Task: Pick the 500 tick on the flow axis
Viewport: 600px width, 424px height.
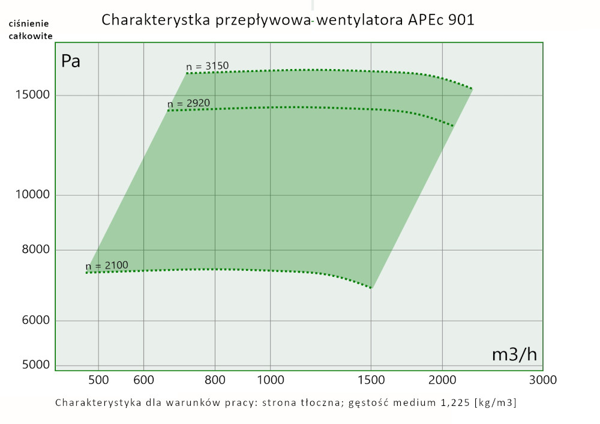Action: click(x=98, y=380)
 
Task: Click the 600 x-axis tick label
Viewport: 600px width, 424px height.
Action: click(x=143, y=380)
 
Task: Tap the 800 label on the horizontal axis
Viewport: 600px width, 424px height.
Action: click(x=215, y=380)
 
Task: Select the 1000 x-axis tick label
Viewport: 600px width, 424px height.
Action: click(x=270, y=380)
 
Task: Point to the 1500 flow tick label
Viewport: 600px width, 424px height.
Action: click(x=371, y=380)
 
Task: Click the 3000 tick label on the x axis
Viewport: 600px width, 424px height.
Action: click(x=543, y=380)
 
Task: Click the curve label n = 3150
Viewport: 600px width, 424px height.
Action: click(x=208, y=66)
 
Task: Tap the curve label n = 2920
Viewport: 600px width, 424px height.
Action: click(x=188, y=103)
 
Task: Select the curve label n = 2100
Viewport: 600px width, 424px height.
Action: click(x=107, y=265)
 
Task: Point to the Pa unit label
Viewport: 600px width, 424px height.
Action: click(x=71, y=61)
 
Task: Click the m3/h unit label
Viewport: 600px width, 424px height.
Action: click(x=514, y=354)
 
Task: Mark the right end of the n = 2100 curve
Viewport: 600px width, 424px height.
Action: click(x=372, y=288)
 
